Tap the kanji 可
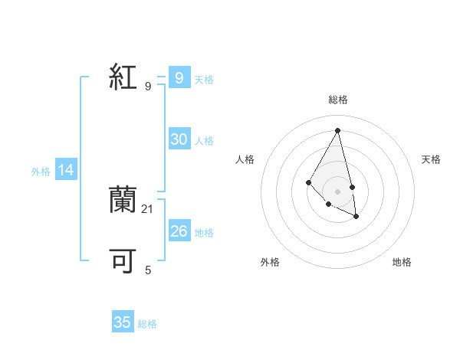[123, 260]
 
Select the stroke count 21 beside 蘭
[148, 208]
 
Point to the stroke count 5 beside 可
[148, 270]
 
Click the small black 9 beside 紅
[148, 87]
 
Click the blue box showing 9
[179, 77]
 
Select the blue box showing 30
[179, 139]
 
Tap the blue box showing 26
[179, 231]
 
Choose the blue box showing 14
[66, 170]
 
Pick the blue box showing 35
[123, 322]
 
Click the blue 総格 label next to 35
[147, 324]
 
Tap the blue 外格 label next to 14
[41, 172]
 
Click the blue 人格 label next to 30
[205, 141]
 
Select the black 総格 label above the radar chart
[338, 100]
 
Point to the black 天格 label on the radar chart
[431, 159]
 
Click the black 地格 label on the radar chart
[402, 262]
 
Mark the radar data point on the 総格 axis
[338, 129]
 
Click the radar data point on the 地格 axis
[356, 217]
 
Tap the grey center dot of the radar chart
[338, 191]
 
